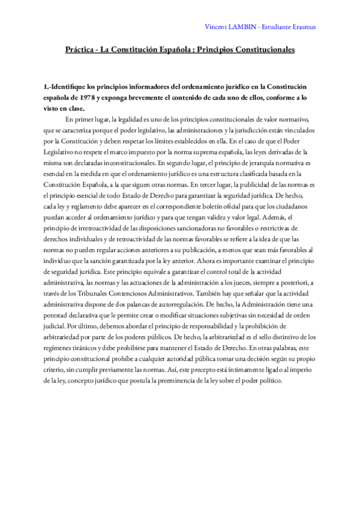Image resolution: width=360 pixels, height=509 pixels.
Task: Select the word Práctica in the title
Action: click(x=81, y=51)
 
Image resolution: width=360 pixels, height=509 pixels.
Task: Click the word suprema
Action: click(x=210, y=152)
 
